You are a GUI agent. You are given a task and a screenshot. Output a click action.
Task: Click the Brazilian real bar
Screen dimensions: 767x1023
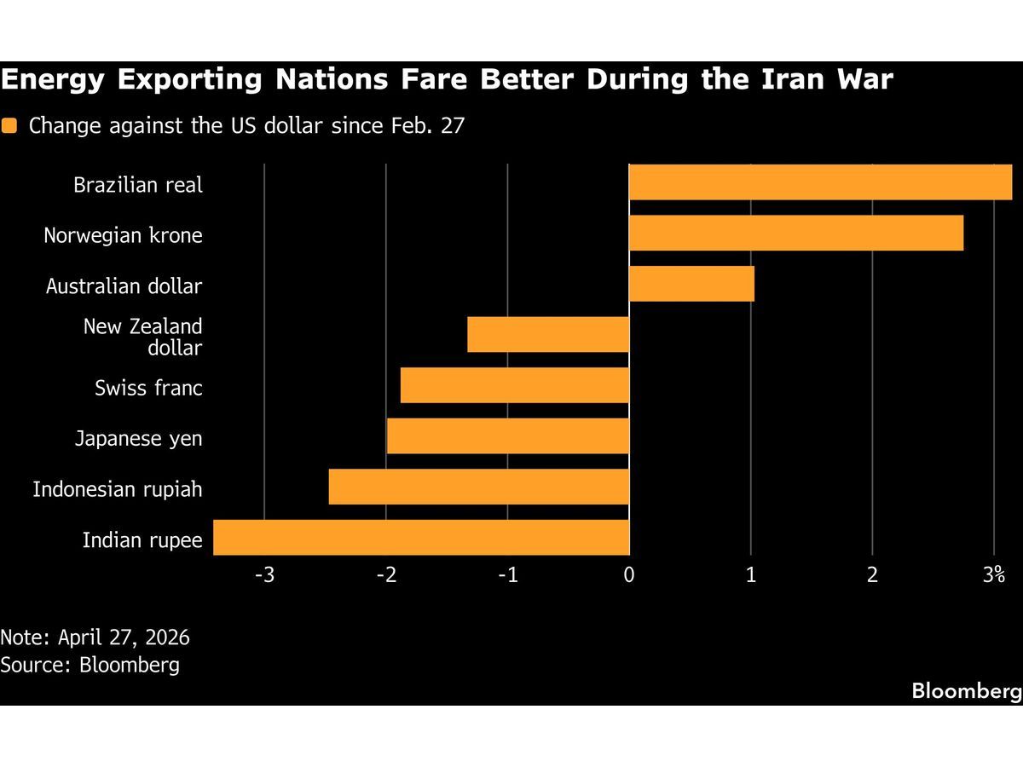820,182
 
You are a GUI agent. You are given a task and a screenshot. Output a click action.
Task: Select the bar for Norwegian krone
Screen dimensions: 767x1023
796,233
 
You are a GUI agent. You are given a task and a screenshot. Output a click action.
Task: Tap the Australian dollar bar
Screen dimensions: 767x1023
691,284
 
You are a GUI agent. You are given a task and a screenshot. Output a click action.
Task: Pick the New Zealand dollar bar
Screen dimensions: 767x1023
548,335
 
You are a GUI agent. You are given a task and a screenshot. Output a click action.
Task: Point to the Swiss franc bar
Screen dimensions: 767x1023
515,385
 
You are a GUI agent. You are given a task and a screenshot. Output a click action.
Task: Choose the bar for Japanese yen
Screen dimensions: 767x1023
508,436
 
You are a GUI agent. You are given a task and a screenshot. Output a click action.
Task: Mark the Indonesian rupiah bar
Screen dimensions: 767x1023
479,487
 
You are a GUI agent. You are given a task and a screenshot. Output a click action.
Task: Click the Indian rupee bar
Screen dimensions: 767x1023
421,538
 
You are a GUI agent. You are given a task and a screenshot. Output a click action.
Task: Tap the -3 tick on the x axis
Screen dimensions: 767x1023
264,575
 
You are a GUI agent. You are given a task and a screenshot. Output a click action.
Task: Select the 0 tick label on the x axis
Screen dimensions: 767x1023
629,575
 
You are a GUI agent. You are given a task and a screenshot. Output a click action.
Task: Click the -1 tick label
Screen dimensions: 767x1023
507,575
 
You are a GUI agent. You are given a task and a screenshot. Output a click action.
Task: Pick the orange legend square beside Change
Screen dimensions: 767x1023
9,126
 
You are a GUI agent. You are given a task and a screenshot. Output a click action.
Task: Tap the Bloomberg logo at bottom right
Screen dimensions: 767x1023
966,690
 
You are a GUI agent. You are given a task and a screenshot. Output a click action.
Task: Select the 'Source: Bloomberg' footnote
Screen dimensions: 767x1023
90,665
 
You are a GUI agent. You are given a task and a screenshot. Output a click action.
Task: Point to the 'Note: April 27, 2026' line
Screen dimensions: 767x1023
95,637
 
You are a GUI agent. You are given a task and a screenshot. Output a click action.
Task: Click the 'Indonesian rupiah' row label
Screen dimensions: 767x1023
118,489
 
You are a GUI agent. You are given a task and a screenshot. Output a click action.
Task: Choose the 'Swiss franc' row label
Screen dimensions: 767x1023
148,389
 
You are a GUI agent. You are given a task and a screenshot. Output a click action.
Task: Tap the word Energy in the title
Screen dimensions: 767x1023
54,80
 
